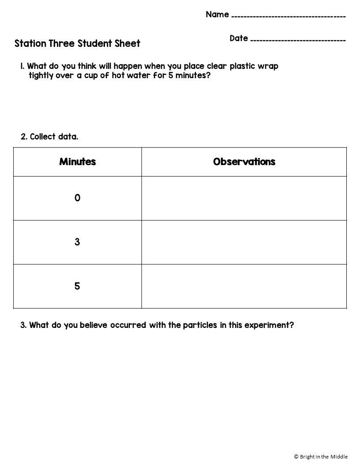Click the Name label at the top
pos(217,15)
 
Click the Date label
pos(239,38)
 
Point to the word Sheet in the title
pos(128,43)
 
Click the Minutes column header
pos(78,162)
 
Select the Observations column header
pos(244,162)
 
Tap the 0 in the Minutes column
pos(78,198)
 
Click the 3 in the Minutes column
pos(77,242)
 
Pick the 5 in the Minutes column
pos(77,286)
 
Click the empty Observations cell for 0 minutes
pos(244,198)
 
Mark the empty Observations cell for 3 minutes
pos(244,242)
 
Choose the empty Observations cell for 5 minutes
pos(244,286)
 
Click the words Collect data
pos(54,137)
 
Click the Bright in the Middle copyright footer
pos(321,457)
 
